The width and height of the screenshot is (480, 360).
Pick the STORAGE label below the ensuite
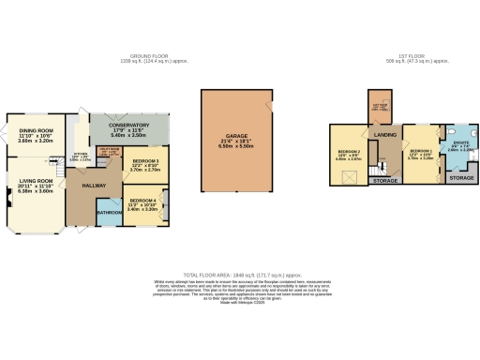460,177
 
